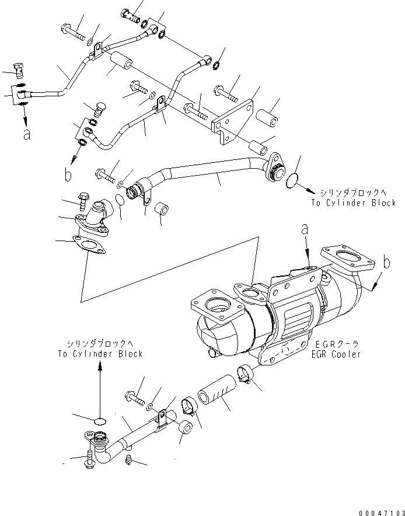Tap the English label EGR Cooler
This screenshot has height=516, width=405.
tap(336, 354)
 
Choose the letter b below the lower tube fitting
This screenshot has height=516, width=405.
tap(68, 173)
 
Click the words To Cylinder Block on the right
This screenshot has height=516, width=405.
tap(353, 203)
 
